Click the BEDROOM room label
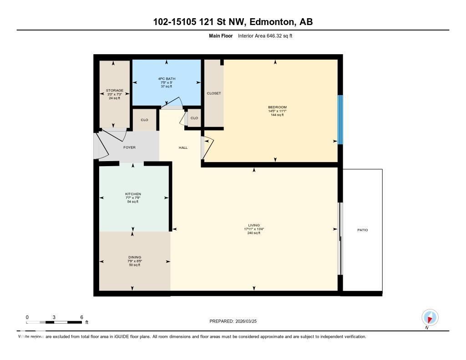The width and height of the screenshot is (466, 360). click(277, 107)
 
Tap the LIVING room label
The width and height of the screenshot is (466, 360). click(254, 225)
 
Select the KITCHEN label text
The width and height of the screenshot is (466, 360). click(133, 194)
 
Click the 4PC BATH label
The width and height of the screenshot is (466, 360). click(166, 79)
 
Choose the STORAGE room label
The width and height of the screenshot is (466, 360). click(114, 91)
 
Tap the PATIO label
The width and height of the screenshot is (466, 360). click(362, 230)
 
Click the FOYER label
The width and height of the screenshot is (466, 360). click(129, 147)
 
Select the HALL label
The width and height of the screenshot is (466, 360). click(183, 147)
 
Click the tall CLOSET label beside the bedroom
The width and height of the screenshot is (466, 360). click(213, 93)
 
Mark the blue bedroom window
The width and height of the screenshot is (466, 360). click(339, 120)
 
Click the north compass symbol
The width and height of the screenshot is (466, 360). click(430, 317)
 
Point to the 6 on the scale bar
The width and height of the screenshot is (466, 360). click(81, 317)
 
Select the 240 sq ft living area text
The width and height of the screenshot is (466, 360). click(254, 233)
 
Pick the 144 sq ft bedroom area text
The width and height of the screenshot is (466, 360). click(277, 115)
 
